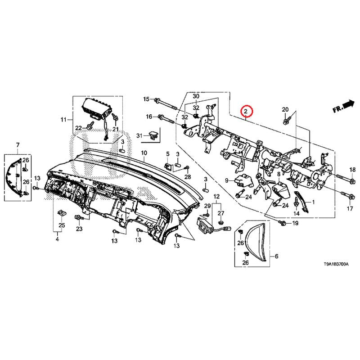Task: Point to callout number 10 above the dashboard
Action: point(144,153)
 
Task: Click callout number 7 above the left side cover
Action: point(18,144)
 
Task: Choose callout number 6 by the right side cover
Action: point(276,256)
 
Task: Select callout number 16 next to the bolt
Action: point(149,117)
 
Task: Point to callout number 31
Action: point(139,135)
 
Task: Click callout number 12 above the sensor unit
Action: point(216,197)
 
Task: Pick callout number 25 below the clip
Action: point(62,225)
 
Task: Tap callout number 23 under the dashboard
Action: point(79,229)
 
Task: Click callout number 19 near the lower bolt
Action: point(295,224)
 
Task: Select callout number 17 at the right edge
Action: point(350,209)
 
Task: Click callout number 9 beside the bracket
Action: point(227,180)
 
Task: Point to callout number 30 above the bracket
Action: point(196,96)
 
